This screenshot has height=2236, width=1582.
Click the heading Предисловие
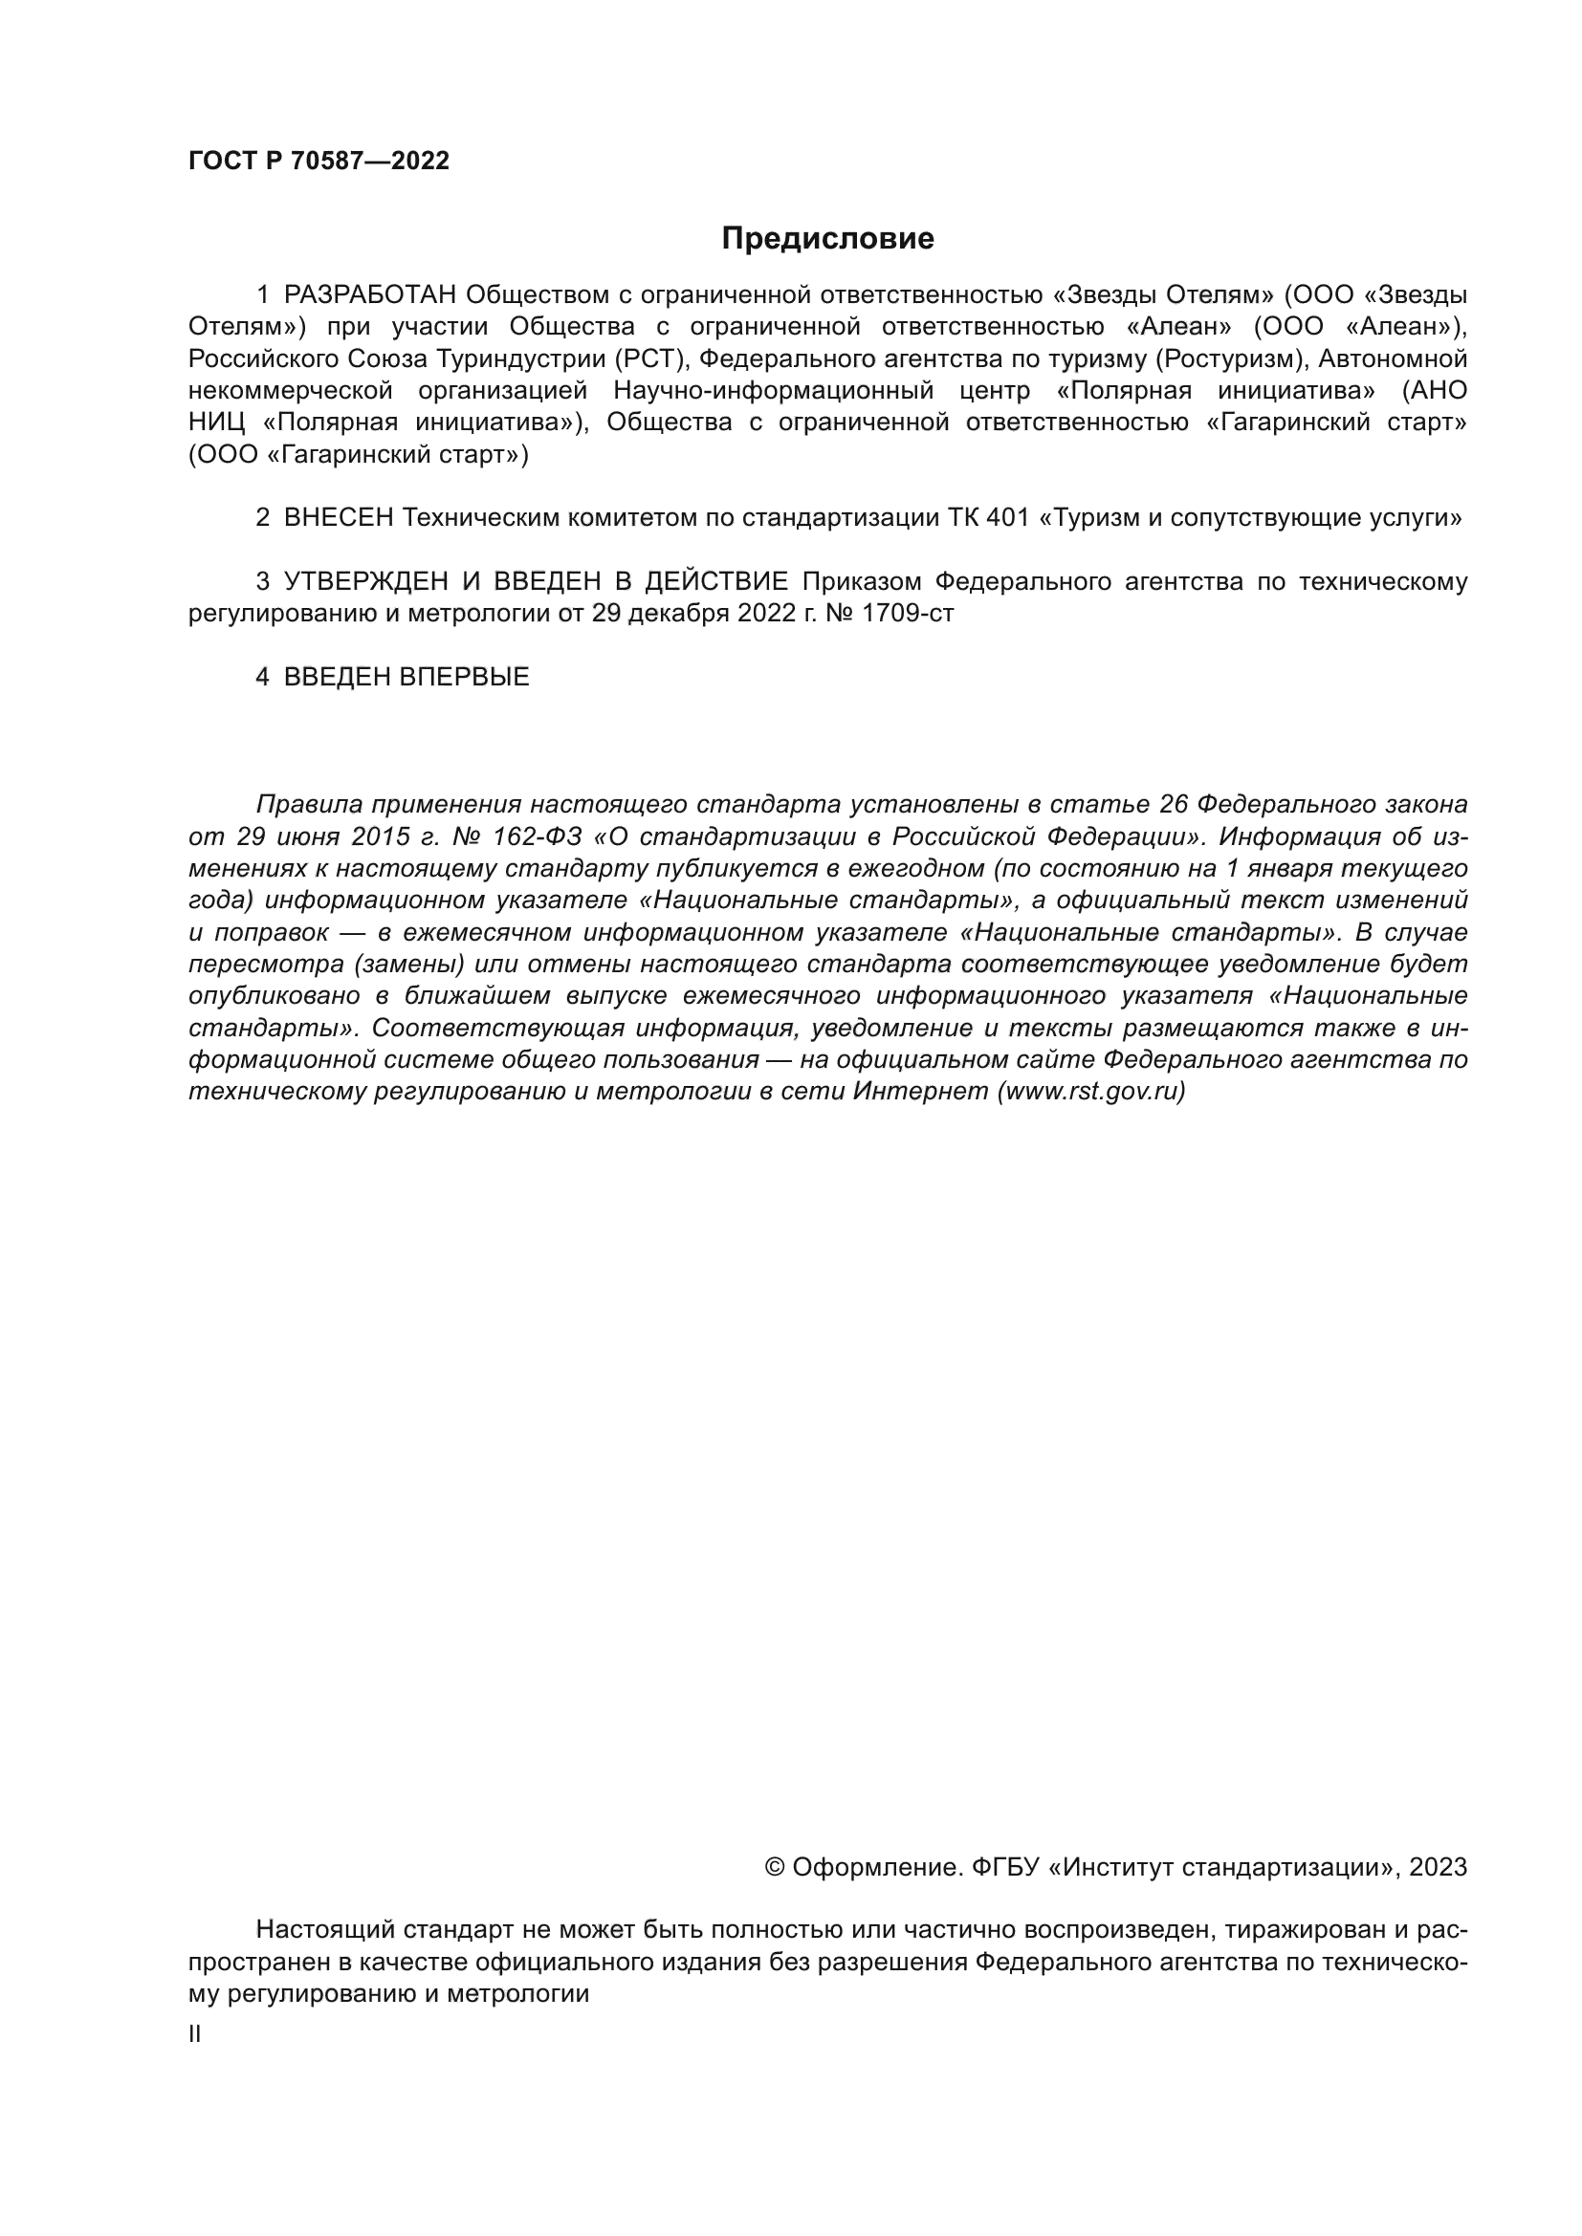click(827, 239)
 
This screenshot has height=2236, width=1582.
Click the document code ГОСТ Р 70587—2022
click(319, 162)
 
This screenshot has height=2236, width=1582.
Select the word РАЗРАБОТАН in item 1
click(369, 294)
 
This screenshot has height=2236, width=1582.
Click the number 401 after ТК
click(1007, 517)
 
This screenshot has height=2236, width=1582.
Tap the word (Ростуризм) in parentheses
click(1231, 358)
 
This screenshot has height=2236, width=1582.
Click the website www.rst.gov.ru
click(1091, 1092)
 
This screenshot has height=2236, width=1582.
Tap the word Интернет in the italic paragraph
click(920, 1092)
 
